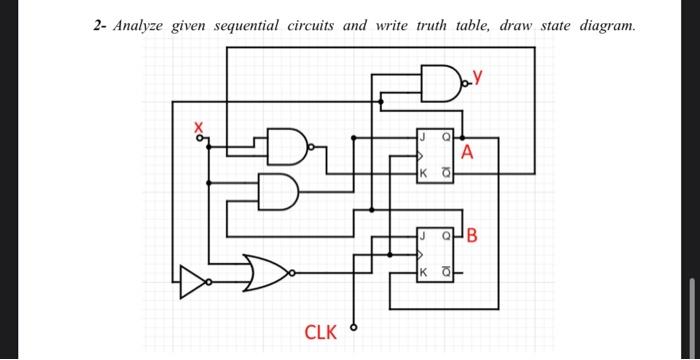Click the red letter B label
coord(472,237)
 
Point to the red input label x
coord(198,127)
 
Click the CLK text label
coord(320,331)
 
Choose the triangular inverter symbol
coord(190,282)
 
